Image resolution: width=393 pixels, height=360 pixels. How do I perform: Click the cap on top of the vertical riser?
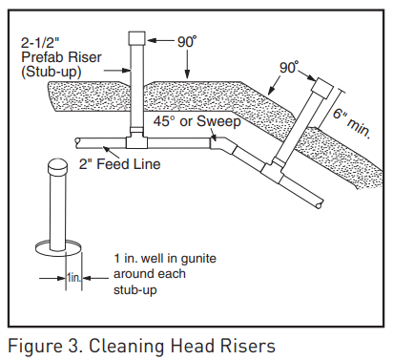click(x=134, y=39)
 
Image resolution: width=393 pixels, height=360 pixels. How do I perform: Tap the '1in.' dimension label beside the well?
click(x=74, y=277)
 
